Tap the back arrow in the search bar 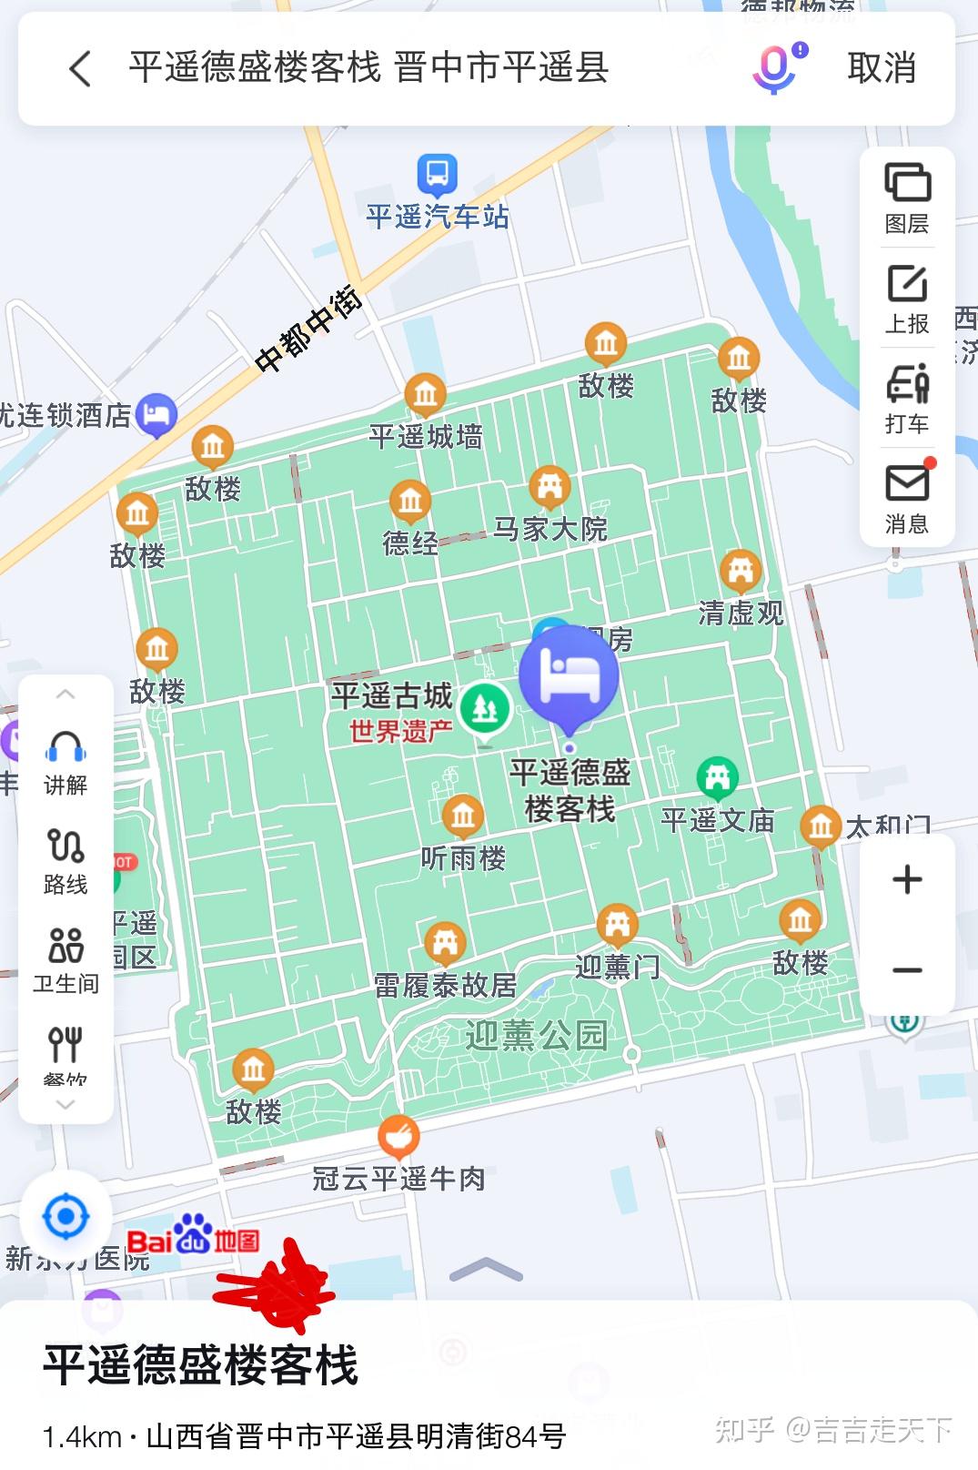click(80, 68)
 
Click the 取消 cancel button click(881, 68)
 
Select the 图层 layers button click(907, 197)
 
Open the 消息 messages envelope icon click(907, 497)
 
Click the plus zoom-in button click(907, 879)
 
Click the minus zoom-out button click(907, 970)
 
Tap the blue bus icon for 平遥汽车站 click(437, 174)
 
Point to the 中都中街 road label click(308, 329)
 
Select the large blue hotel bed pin click(570, 676)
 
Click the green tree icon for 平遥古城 click(484, 709)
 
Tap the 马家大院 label click(550, 529)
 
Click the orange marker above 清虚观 click(741, 572)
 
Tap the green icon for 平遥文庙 click(717, 777)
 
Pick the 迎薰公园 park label click(536, 1035)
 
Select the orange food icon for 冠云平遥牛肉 click(398, 1136)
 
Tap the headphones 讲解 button click(66, 762)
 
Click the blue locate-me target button click(66, 1217)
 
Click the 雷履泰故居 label click(445, 985)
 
